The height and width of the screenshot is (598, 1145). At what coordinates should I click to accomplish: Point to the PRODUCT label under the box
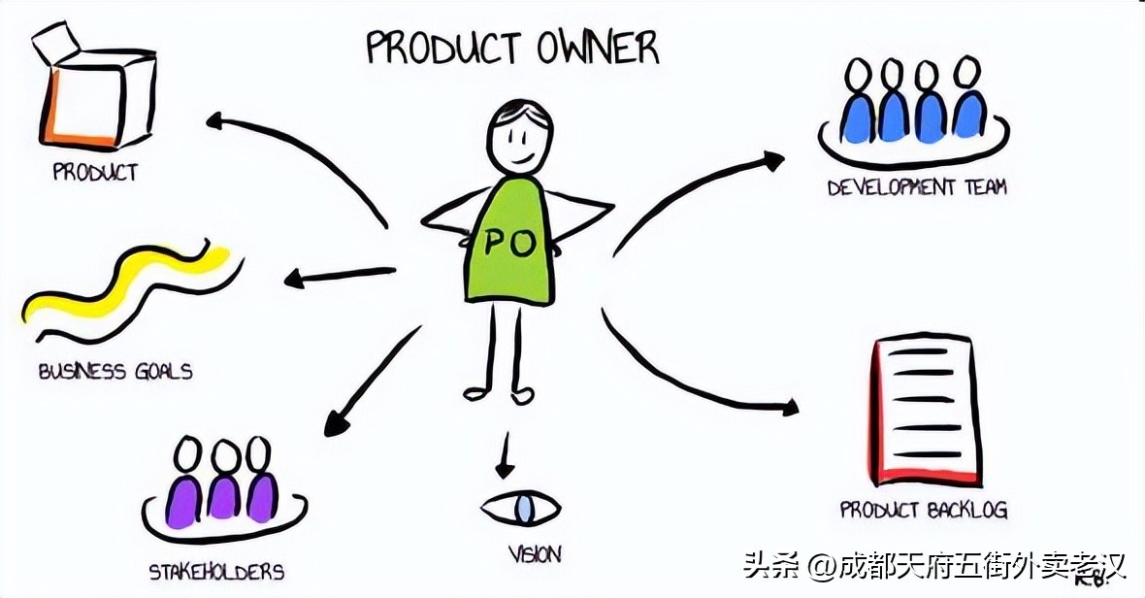(x=95, y=173)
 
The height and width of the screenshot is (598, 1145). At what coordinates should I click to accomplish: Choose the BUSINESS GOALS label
(x=115, y=371)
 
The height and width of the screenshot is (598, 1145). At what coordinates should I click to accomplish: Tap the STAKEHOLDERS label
(x=216, y=570)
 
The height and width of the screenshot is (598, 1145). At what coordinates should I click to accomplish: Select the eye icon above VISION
(x=522, y=508)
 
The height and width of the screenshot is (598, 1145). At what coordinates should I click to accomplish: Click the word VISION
(x=535, y=555)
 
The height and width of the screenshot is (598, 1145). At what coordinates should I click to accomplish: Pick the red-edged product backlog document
(x=926, y=413)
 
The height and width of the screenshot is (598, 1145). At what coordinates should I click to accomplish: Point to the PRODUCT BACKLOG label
(x=924, y=510)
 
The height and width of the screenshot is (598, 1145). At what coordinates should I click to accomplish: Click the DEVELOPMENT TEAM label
(x=917, y=187)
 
